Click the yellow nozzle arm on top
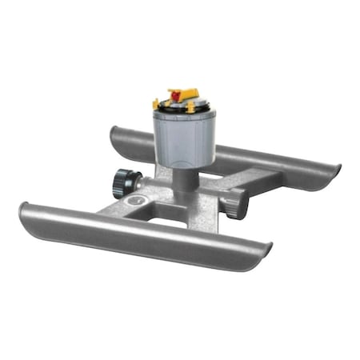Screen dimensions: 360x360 (x=181, y=94)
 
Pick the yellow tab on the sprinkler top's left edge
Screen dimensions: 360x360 (x=155, y=103)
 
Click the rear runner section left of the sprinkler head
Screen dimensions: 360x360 (x=132, y=144)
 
